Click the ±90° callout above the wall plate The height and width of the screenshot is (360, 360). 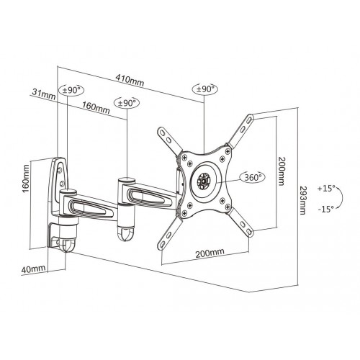pos(73,90)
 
